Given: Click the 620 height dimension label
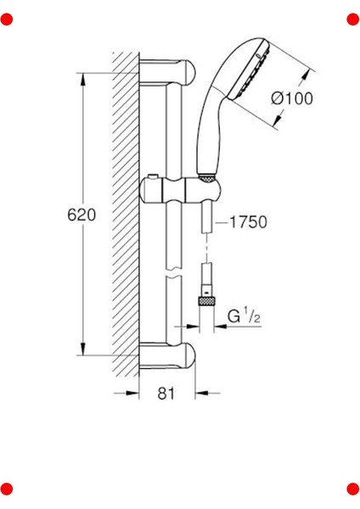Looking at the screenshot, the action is click(x=82, y=215).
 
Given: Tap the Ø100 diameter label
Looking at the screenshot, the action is click(x=292, y=98).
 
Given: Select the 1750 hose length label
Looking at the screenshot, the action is click(x=248, y=222).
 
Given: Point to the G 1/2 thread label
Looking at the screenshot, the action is click(x=244, y=316).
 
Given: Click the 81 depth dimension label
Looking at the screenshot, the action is click(x=166, y=394).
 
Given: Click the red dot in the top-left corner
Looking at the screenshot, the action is click(x=7, y=20).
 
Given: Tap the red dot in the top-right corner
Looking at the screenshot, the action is click(x=353, y=20).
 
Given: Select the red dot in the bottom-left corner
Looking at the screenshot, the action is click(x=7, y=489).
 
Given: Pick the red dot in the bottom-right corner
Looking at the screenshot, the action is click(x=353, y=489).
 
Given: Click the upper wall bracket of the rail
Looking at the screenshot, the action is click(x=167, y=72).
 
